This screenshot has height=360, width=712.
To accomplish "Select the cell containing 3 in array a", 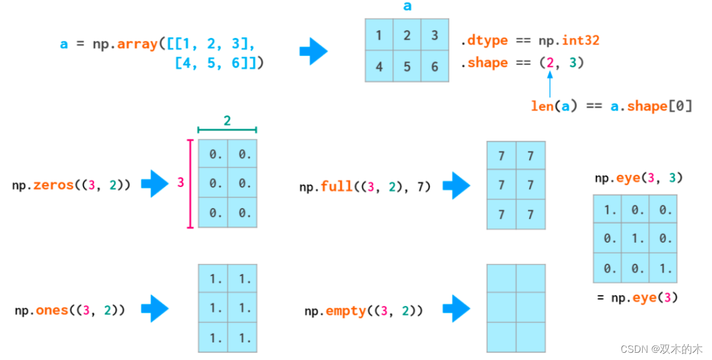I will click(x=435, y=35).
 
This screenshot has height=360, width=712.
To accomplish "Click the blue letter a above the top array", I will click(x=407, y=7).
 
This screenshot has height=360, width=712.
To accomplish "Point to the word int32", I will click(x=580, y=41).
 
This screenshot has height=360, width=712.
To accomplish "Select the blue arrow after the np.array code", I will click(x=313, y=51).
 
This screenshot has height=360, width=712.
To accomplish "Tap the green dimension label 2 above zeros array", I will click(x=227, y=121).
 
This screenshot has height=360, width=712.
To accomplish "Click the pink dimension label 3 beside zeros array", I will click(x=180, y=183).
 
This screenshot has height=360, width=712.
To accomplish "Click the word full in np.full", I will click(x=337, y=186).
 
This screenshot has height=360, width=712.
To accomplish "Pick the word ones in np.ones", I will click(x=52, y=310).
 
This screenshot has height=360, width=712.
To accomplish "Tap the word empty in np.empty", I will click(x=346, y=311).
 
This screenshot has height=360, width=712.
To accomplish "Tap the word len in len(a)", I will click(x=542, y=106).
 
